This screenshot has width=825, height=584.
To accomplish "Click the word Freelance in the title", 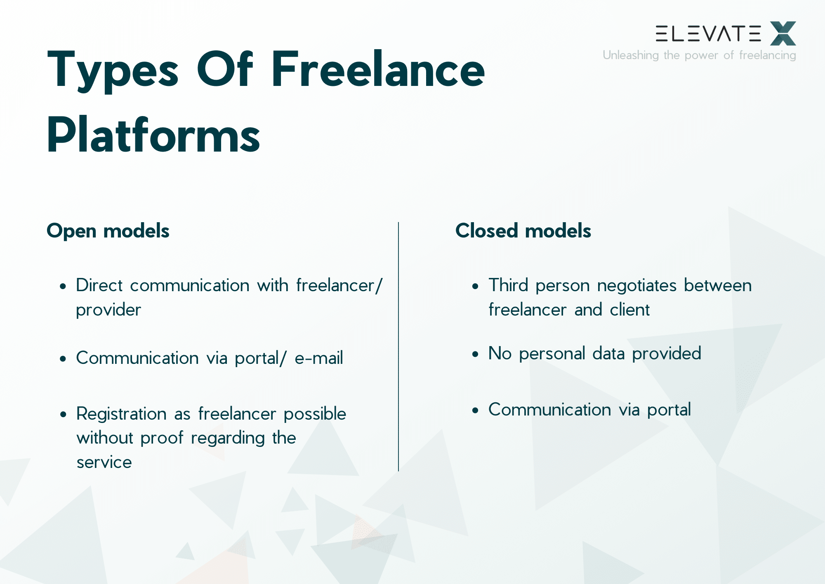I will (377, 69).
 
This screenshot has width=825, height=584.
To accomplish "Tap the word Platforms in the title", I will (153, 135).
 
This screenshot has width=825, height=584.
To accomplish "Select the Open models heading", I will (108, 230).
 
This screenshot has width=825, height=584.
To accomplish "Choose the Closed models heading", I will (523, 230).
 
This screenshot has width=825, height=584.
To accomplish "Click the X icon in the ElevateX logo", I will (783, 33).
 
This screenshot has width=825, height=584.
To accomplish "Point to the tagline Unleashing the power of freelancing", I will (699, 55).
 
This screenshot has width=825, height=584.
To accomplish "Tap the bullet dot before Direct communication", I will (63, 286).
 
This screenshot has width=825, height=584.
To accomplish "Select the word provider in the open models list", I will (108, 310).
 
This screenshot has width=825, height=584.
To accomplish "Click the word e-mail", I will (318, 358).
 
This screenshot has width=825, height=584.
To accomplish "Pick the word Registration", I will (121, 414).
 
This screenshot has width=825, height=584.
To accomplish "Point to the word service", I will (104, 462).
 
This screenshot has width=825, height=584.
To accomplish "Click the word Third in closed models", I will (508, 285).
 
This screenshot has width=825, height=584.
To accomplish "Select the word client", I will (629, 310).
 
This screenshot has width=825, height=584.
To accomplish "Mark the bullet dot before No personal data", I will (475, 354).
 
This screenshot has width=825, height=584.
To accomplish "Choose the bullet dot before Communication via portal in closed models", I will (475, 410).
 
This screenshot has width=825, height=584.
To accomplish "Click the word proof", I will (162, 438).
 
